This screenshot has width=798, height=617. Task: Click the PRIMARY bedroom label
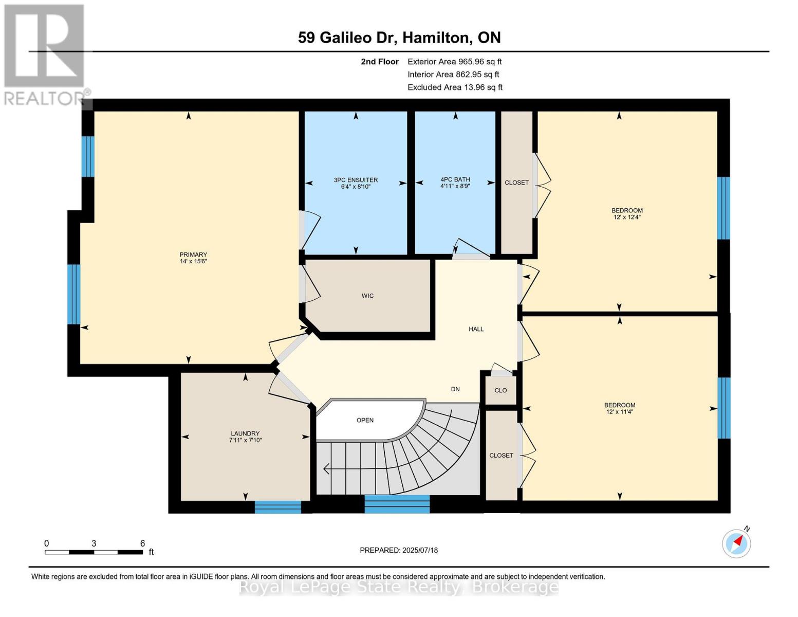point(193,255)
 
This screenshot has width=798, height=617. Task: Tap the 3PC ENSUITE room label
point(356,180)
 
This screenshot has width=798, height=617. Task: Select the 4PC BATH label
point(455,179)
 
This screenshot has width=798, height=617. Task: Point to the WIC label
point(367,296)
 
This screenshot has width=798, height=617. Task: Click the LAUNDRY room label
point(245,433)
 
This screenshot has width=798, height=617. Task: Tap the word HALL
point(476,329)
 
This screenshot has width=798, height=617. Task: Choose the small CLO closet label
point(500,390)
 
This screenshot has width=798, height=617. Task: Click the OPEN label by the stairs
point(365,420)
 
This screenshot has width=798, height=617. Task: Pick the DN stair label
point(455,389)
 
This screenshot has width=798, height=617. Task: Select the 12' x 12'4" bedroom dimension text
point(627,217)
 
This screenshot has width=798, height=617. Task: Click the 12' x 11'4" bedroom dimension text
point(620,412)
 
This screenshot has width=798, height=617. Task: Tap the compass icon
point(736,543)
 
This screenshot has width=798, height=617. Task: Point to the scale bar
point(94,552)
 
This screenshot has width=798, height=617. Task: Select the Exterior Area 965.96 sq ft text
point(455,62)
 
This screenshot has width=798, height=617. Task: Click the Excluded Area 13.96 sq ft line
point(455,87)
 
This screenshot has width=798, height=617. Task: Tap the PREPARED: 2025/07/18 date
point(399,550)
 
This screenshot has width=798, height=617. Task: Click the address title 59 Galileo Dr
point(345,38)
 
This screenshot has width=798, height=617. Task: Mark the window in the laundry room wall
point(277,507)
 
